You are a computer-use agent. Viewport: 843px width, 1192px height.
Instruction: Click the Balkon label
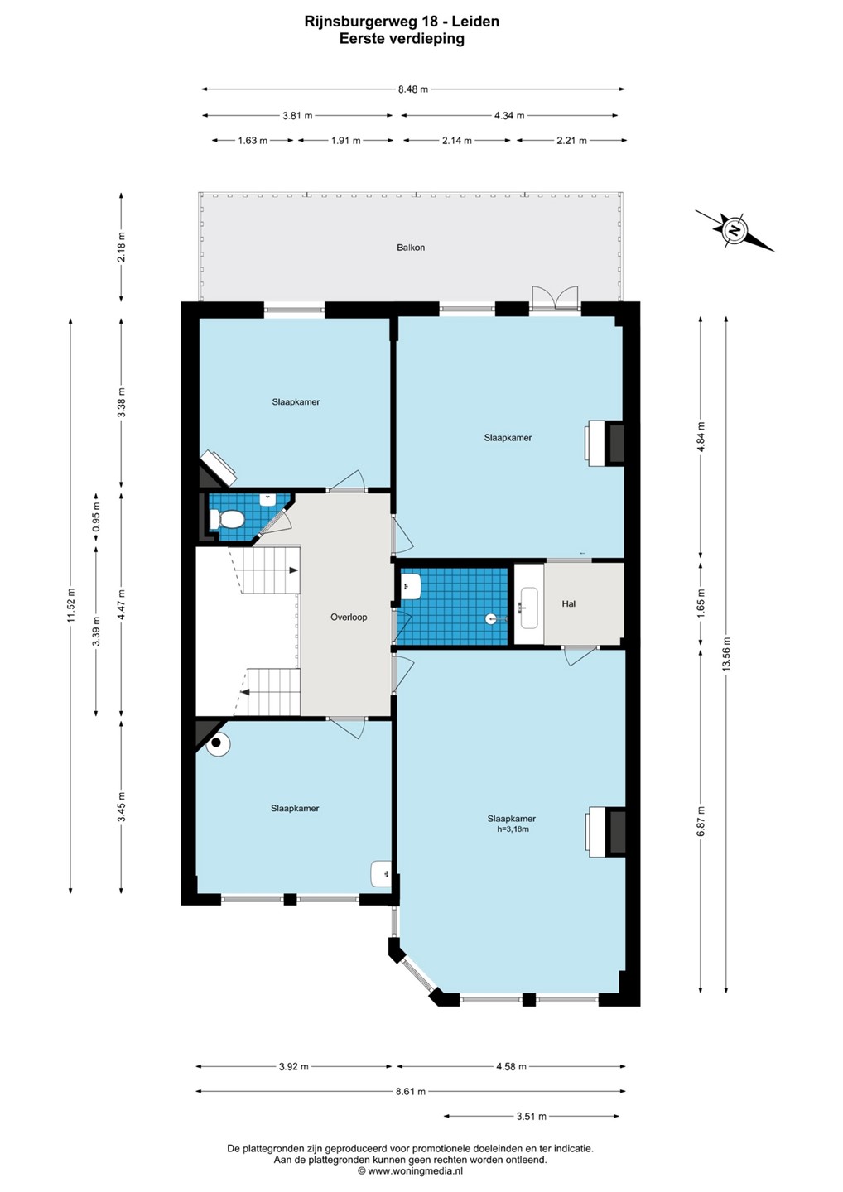tap(411, 248)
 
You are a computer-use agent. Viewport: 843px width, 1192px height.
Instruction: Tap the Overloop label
tap(349, 618)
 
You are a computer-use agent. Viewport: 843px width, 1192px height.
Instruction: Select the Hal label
tap(568, 603)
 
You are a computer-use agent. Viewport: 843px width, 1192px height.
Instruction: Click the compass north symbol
tap(734, 231)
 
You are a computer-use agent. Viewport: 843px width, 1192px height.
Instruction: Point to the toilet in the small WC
tap(226, 519)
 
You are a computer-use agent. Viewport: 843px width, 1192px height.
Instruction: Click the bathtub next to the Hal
tap(529, 608)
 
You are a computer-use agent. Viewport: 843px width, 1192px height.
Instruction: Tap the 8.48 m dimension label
tap(413, 89)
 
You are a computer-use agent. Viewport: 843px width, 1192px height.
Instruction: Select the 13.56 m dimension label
tap(726, 654)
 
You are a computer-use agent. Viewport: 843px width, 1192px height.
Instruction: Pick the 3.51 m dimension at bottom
tap(531, 1116)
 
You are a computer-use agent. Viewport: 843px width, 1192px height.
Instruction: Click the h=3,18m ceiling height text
tap(513, 829)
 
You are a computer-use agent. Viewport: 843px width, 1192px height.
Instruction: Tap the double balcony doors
tap(555, 297)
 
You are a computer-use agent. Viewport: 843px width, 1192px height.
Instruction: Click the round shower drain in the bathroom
tap(491, 618)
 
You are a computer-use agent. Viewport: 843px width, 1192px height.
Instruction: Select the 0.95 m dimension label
tap(96, 517)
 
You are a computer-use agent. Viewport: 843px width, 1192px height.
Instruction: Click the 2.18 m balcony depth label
tap(122, 247)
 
